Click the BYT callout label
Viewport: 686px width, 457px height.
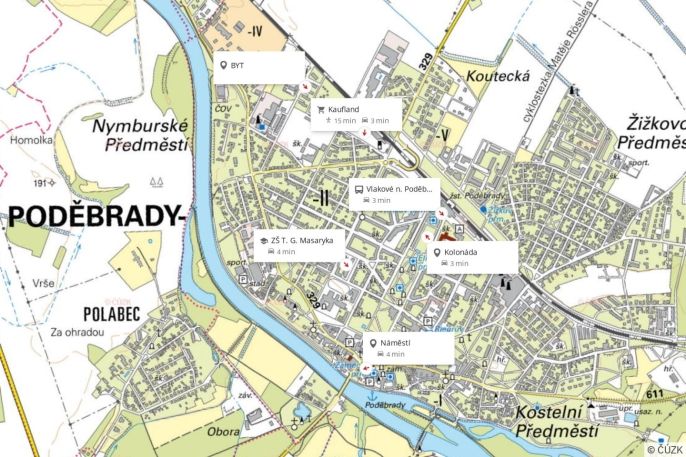[x=237, y=66]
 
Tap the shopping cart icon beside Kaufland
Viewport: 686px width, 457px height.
[x=321, y=109]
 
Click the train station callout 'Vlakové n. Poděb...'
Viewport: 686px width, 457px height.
[x=398, y=188]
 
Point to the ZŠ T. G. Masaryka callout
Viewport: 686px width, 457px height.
[x=300, y=240]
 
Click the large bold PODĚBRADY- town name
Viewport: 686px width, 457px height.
[x=95, y=216]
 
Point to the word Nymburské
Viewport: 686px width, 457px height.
[x=139, y=127]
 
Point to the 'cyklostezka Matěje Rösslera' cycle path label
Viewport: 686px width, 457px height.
[x=559, y=61]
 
